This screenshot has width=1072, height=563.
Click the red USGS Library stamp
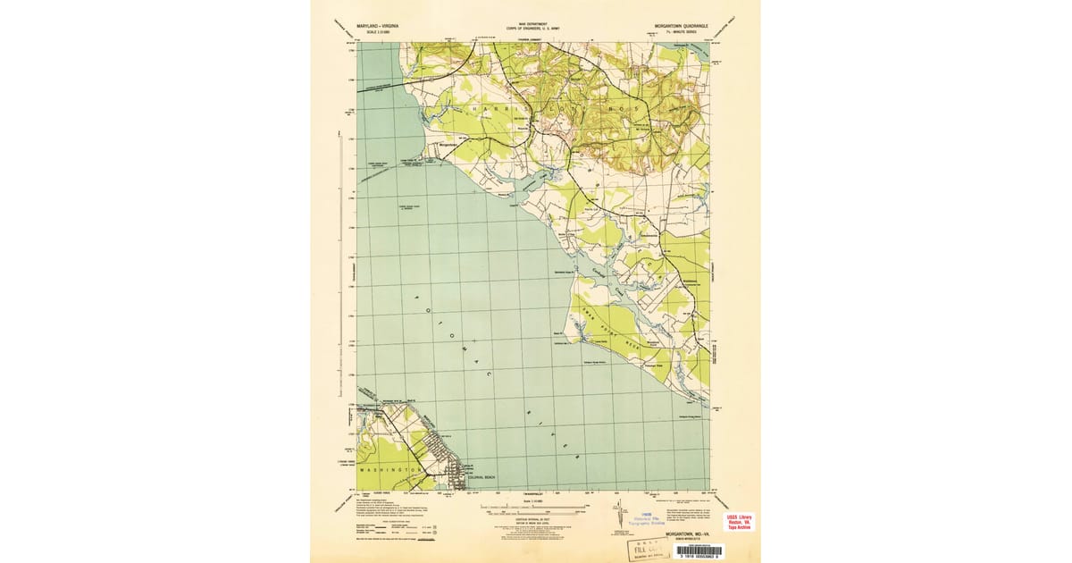point(738,522)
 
